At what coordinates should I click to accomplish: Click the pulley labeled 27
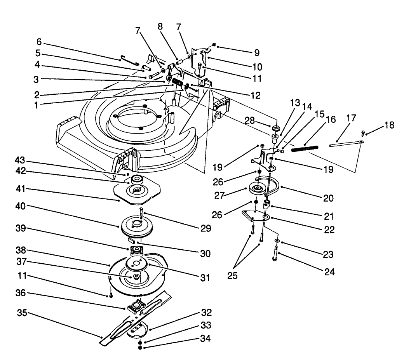(x=257, y=189)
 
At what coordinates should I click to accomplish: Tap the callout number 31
(x=205, y=278)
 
